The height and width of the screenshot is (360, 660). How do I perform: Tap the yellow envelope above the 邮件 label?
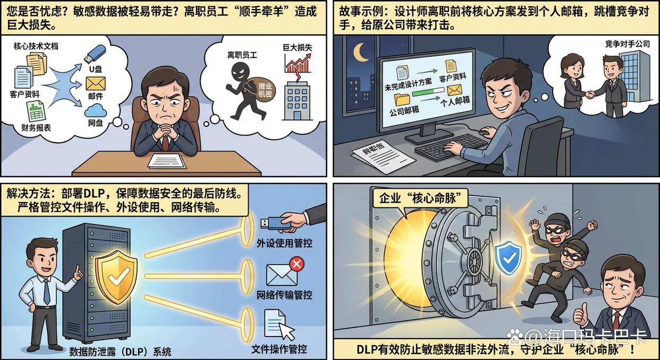click(95, 83)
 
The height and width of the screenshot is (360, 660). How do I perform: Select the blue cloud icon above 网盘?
click(95, 110)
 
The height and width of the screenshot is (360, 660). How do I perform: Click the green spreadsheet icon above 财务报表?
click(35, 111)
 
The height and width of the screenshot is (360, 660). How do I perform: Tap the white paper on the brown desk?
click(167, 160)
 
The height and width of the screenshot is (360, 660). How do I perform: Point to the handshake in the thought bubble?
click(590, 95)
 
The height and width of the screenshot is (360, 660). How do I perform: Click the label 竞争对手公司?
click(627, 44)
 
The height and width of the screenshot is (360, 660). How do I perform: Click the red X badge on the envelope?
click(296, 263)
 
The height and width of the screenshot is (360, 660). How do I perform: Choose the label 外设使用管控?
click(284, 243)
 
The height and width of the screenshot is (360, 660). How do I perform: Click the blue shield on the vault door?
click(508, 257)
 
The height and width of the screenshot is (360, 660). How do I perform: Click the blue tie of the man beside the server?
click(47, 291)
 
